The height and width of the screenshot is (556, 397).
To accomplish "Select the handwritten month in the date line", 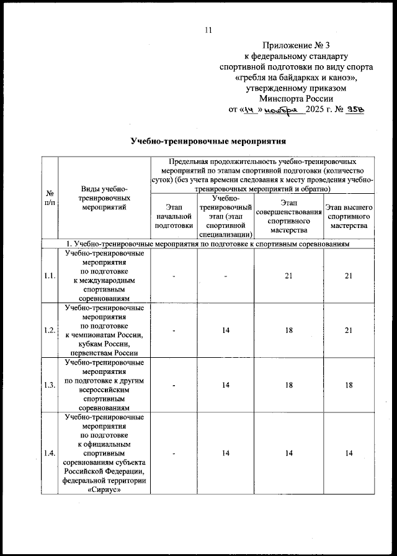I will click(x=285, y=109).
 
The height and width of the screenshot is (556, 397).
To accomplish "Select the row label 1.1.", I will click(x=49, y=276).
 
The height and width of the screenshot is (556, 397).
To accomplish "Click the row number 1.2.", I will click(x=49, y=330).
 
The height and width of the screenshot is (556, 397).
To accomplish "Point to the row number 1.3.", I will click(x=49, y=385).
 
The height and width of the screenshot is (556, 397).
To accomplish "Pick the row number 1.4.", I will click(x=49, y=455).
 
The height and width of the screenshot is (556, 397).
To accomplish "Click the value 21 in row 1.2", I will click(x=349, y=330).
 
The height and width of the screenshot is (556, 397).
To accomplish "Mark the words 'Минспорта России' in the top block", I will click(x=297, y=98).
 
